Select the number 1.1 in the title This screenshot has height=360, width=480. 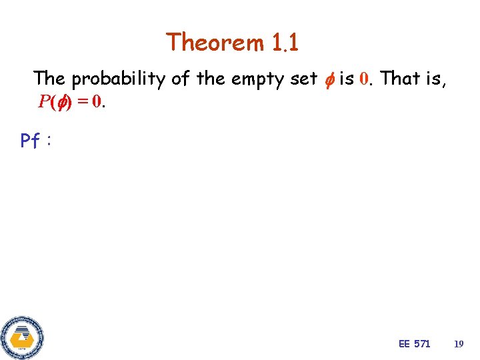click(x=285, y=43)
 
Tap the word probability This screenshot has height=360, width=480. click(x=119, y=79)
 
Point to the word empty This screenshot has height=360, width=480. click(x=256, y=79)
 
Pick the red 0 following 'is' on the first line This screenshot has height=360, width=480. click(x=363, y=79)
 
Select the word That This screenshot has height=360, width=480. click(x=401, y=79)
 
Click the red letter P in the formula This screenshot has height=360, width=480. click(x=43, y=102)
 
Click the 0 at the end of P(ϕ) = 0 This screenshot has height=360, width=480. click(x=97, y=102)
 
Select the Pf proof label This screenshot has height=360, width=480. click(x=31, y=141)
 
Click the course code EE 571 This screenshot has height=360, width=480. click(x=414, y=343)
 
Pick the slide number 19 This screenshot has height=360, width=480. click(x=458, y=343)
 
